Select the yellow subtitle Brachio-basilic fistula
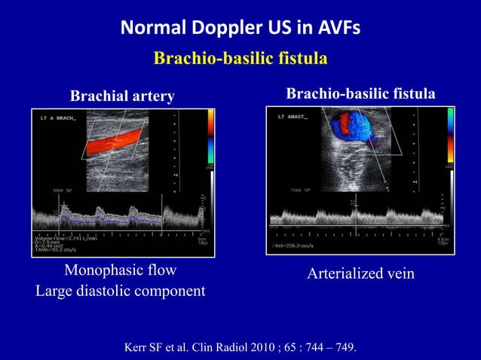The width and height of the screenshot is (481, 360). [240, 59]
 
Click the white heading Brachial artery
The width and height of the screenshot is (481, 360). [122, 96]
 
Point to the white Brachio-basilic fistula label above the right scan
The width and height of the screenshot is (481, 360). [360, 94]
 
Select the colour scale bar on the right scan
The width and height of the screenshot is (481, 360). [451, 136]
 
